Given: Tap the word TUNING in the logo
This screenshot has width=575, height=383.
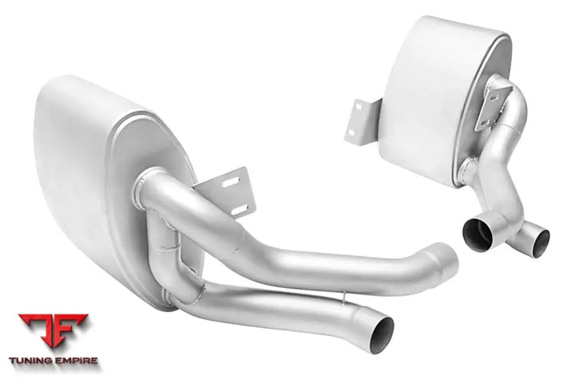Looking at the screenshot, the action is (x=31, y=361).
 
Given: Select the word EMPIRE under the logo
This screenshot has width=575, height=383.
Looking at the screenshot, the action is (x=77, y=361).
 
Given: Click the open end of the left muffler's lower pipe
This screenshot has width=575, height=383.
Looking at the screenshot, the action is (x=382, y=334).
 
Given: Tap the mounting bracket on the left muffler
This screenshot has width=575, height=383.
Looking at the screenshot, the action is (x=226, y=191).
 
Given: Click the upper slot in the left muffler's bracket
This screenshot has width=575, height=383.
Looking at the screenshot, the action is (x=231, y=182).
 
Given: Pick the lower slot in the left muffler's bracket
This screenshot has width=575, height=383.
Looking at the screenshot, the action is (x=240, y=210).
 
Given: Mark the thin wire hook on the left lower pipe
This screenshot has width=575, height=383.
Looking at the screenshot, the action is (x=344, y=298).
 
